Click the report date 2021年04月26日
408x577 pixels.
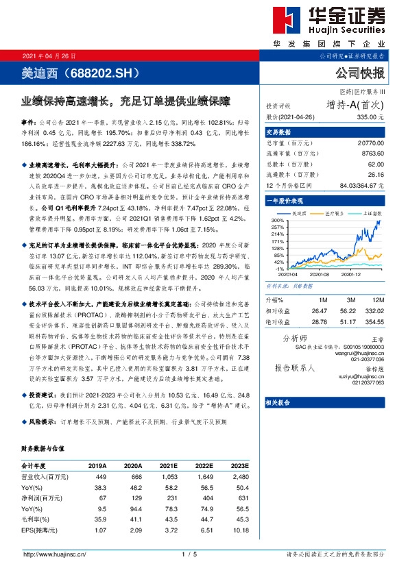tap(49, 56)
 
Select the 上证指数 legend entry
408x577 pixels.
tap(374, 214)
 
